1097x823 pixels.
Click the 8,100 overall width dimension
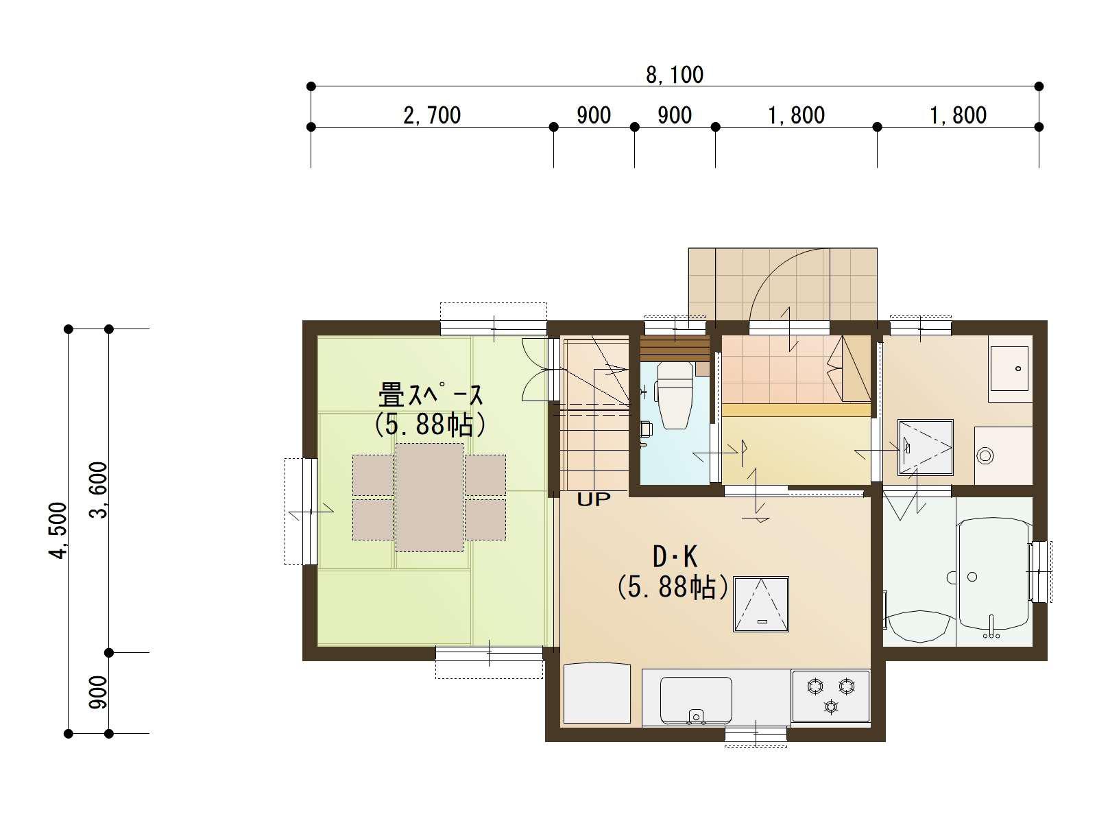coord(675,75)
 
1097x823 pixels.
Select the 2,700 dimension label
coord(432,115)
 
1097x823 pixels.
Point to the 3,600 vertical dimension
coord(99,490)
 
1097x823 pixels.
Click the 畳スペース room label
coord(431,396)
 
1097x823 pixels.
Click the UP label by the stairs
coord(593,500)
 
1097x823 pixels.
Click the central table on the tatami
coord(429,497)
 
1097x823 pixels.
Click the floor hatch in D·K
coord(761,604)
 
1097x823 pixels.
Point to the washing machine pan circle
coord(985,455)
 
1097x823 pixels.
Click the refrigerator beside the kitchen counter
coord(596,693)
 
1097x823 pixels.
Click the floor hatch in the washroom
coord(925,447)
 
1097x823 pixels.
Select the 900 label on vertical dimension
coord(99,693)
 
